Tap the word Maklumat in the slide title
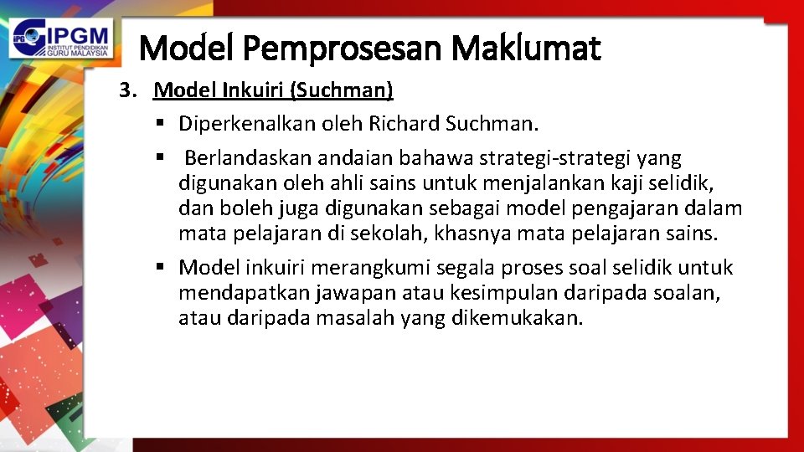coord(526,49)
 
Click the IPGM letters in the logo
coord(74,34)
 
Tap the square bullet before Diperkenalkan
coord(160,125)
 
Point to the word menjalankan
coord(529,183)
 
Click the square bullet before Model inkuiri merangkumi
coord(160,268)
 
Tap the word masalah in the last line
coord(356,318)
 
